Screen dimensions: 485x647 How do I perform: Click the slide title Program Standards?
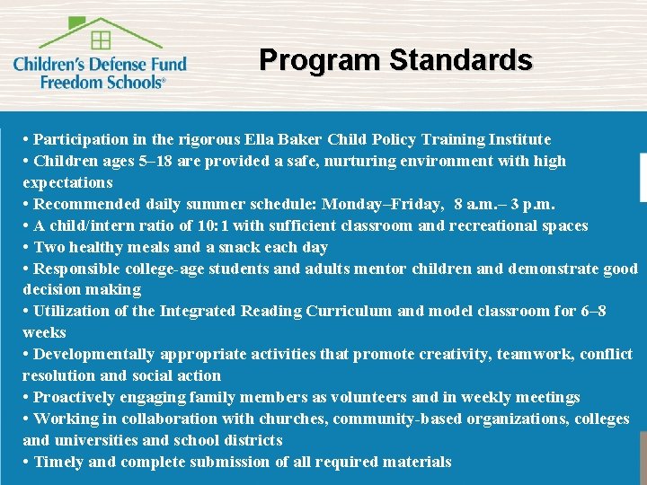click(x=395, y=60)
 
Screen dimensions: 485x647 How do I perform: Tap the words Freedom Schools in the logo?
click(x=102, y=80)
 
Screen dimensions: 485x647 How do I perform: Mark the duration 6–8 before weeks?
click(x=593, y=311)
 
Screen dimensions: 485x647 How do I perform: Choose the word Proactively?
click(x=75, y=397)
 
